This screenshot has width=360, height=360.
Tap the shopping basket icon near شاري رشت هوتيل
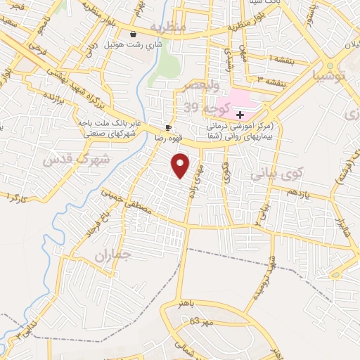(x=133, y=34)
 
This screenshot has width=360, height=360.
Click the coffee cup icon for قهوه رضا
(x=167, y=127)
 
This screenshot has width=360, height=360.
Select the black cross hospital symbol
(x=240, y=114)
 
